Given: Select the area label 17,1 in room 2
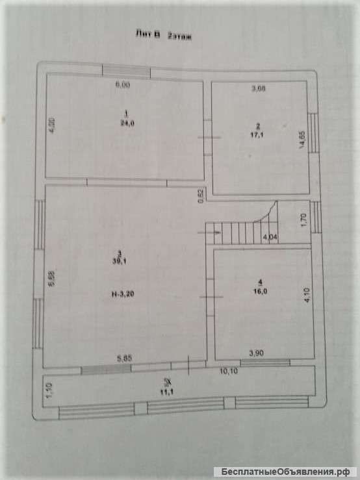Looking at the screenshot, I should click(258, 135).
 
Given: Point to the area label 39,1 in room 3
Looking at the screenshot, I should click(118, 261).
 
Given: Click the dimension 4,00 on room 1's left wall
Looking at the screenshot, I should click(53, 124).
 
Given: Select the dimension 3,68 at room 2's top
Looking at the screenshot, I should click(259, 90).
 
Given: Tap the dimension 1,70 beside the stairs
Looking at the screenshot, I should click(302, 220).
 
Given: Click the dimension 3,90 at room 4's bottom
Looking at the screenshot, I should click(258, 352).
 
